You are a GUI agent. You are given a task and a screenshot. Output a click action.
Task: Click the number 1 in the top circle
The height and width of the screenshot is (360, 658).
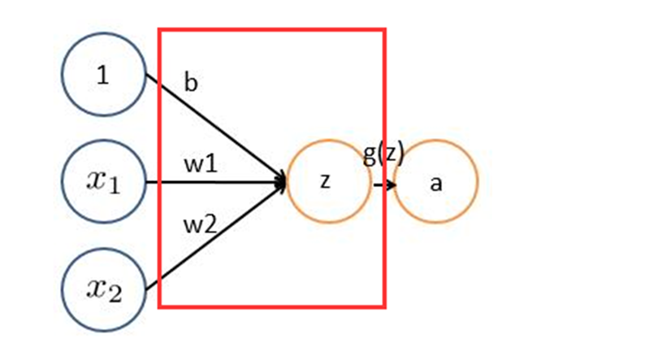102,76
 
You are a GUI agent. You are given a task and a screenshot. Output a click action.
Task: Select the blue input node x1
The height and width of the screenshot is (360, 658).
104,182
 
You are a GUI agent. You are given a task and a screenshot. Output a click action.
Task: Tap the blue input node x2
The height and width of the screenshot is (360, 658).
104,288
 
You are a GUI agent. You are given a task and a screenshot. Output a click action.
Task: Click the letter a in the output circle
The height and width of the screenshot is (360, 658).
436,184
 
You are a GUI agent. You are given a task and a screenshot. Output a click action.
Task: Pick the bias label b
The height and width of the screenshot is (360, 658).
191,83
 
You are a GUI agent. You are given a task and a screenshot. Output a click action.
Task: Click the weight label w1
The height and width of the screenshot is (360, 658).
200,163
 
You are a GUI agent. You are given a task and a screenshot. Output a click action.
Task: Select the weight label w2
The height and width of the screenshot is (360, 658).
200,225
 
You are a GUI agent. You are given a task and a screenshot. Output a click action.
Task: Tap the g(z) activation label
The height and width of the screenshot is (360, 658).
383,154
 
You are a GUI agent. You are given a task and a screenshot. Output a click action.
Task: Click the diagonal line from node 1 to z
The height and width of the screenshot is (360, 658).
215,128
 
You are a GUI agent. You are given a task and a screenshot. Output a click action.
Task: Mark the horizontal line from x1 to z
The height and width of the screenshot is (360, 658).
215,182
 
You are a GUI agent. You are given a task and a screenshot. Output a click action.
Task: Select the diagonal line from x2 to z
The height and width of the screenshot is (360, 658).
215,236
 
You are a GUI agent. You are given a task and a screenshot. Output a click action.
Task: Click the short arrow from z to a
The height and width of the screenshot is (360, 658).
385,184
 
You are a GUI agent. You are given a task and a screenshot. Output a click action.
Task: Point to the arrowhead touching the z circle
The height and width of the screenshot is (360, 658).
282,182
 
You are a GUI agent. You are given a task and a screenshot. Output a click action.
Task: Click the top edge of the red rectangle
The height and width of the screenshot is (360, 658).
271,30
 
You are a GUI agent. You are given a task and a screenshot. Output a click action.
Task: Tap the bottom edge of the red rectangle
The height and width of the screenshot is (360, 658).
271,307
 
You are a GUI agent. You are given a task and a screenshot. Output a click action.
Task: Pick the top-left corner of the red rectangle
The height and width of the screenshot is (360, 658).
159,30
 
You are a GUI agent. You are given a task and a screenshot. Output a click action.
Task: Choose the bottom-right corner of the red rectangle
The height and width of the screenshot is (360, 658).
383,307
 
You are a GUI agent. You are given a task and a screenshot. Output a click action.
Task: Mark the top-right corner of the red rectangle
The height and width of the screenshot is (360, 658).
383,30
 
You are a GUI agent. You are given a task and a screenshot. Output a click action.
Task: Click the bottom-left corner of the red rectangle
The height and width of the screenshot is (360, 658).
159,307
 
